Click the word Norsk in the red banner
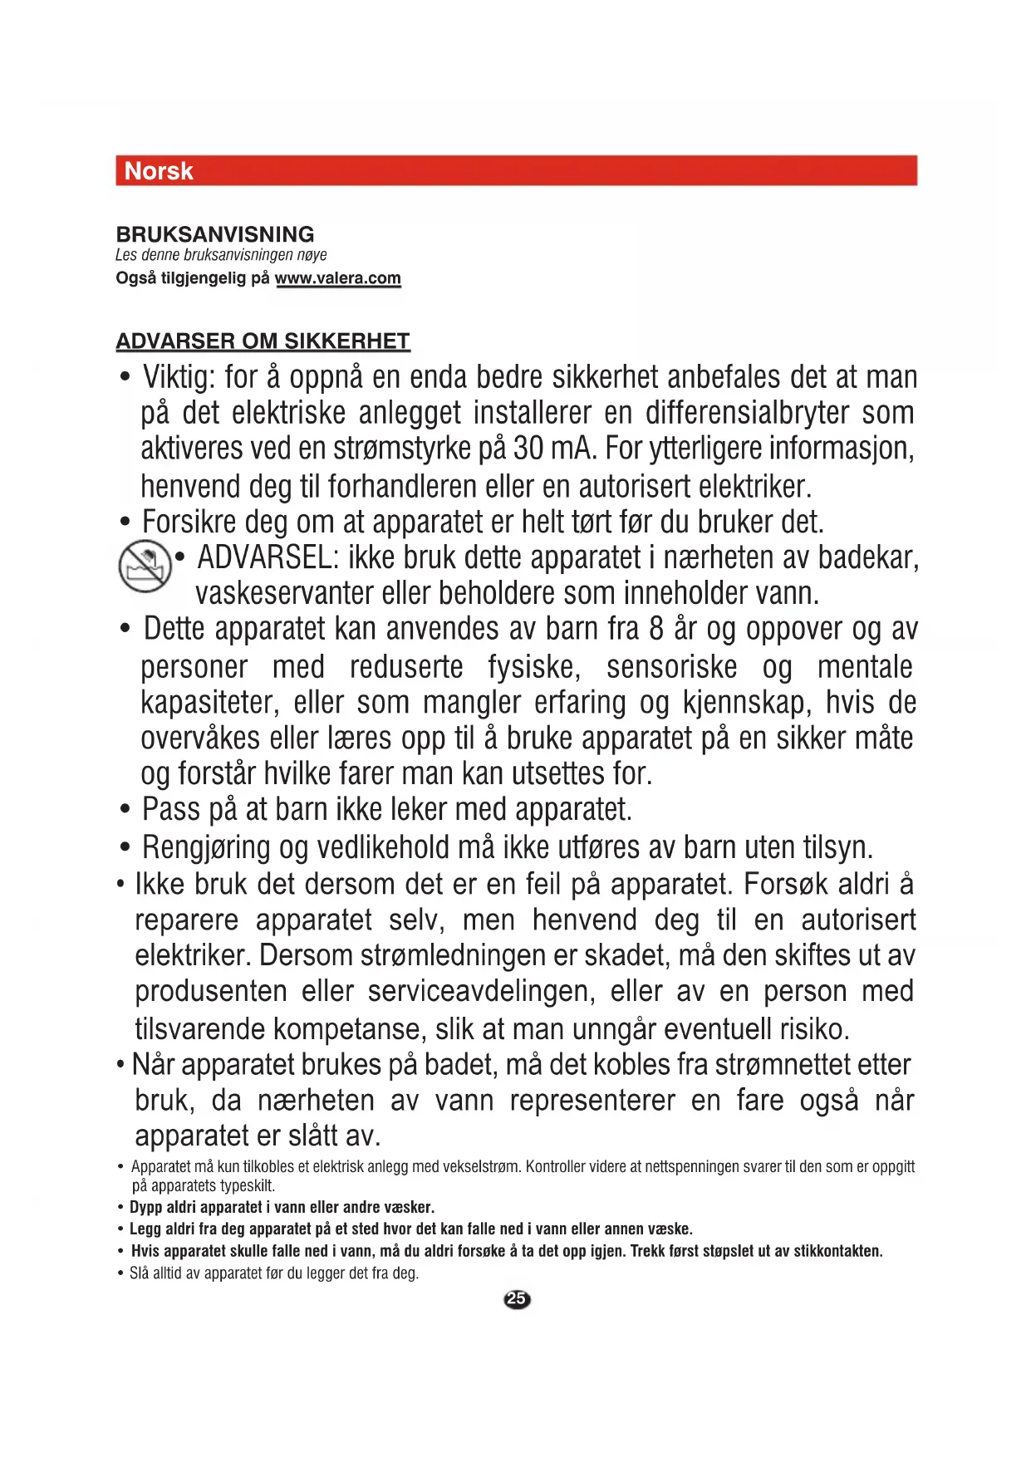point(158,171)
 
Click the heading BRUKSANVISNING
point(215,234)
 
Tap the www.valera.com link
point(337,278)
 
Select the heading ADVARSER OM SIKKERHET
point(263,341)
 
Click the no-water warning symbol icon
point(145,567)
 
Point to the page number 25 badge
point(517,1299)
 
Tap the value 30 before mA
point(528,449)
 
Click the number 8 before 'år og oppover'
point(656,629)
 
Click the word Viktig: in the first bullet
point(179,378)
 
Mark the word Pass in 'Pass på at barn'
point(171,810)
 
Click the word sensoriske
point(671,667)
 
